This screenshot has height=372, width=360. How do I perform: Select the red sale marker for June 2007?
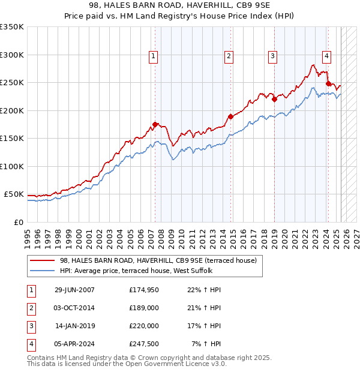coord(155,124)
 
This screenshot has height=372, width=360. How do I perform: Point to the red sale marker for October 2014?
coord(230,116)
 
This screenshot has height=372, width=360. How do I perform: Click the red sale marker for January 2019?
coord(274,100)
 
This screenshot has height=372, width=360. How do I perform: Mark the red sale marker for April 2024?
coord(328,83)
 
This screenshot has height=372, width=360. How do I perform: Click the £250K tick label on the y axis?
coord(12,83)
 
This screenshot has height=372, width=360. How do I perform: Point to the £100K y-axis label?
coord(12,166)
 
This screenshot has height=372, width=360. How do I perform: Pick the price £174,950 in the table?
coord(144,290)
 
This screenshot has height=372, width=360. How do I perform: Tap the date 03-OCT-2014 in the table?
coord(74,308)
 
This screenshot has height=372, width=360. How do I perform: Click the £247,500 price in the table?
coord(144,344)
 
